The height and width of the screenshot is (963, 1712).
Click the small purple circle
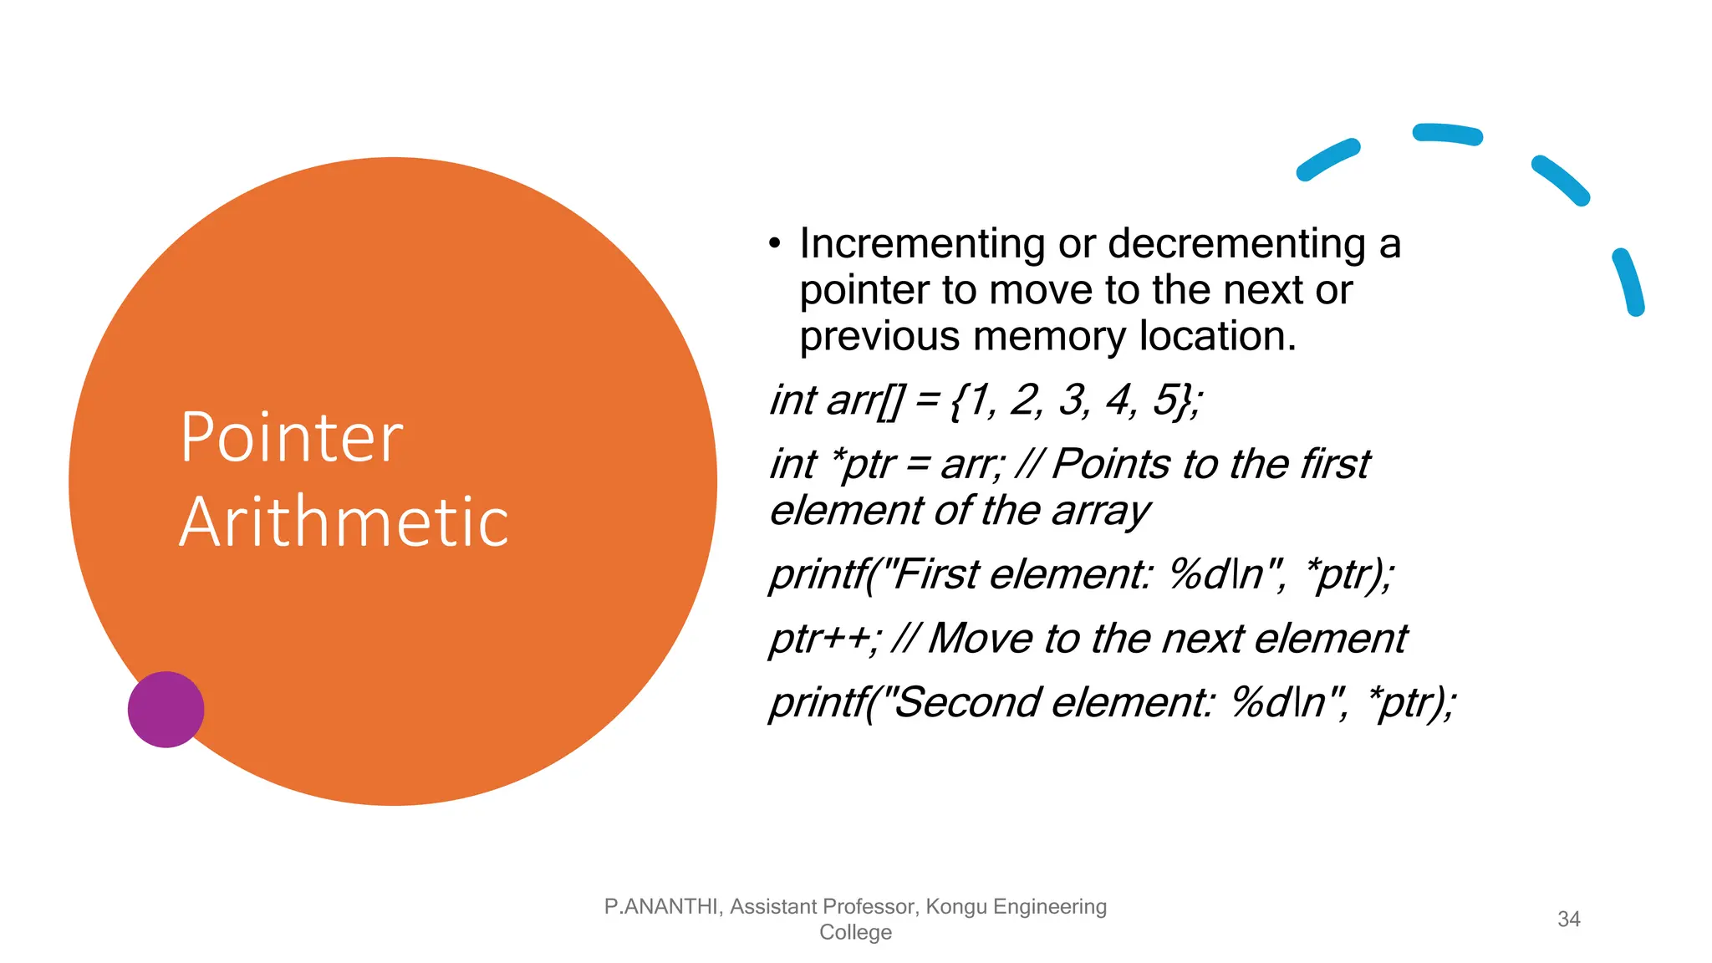click(x=166, y=709)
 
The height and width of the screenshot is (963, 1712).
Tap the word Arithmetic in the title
click(x=344, y=522)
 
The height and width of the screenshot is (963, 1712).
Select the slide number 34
click(x=1568, y=919)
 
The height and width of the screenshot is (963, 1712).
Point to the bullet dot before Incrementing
click(x=775, y=244)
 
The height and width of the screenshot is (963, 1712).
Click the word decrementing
click(x=1236, y=244)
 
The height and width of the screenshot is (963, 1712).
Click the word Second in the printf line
click(x=966, y=702)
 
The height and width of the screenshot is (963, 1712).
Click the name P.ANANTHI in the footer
click(x=660, y=906)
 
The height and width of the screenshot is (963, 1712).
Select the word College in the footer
click(x=855, y=932)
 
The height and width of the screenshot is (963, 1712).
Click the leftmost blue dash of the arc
click(x=1327, y=160)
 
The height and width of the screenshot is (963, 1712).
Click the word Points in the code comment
click(x=1111, y=464)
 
